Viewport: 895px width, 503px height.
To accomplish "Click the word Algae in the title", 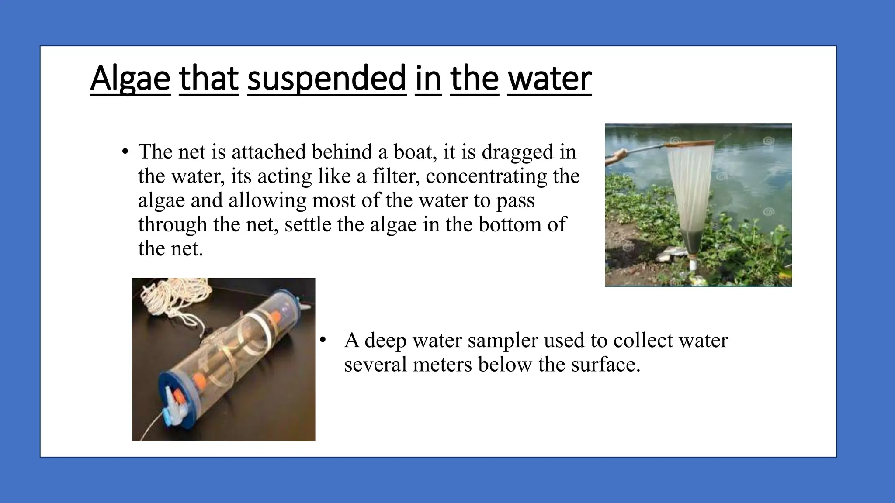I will tap(130, 79).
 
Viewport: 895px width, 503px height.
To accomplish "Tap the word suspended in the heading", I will tap(326, 79).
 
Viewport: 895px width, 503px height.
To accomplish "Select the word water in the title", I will tap(549, 79).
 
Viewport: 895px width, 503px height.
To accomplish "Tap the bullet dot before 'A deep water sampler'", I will tap(323, 341).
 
